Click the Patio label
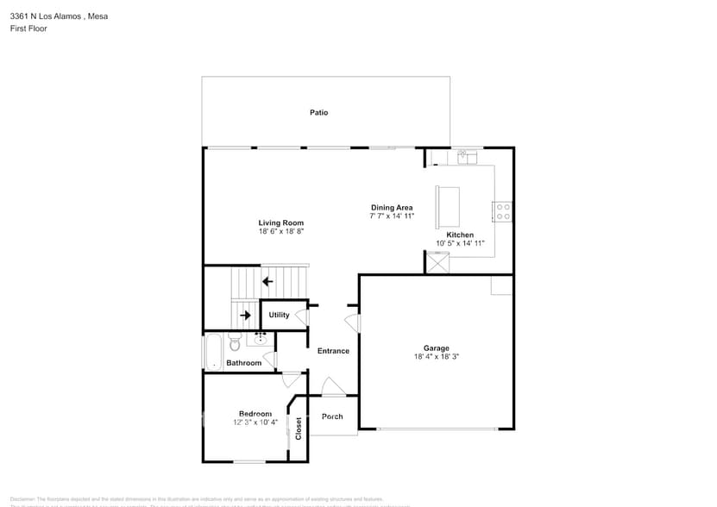(319, 113)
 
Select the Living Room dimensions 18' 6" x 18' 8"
(281, 231)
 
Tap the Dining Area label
(392, 207)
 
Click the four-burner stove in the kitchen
(502, 211)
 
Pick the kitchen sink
(468, 157)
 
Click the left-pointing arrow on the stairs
(267, 281)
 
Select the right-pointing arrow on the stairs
(245, 316)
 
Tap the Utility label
(279, 316)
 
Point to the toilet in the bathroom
(235, 345)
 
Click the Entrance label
(333, 351)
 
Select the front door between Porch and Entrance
(332, 387)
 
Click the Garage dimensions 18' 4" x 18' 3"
(437, 356)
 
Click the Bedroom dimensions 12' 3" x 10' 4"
(255, 422)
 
